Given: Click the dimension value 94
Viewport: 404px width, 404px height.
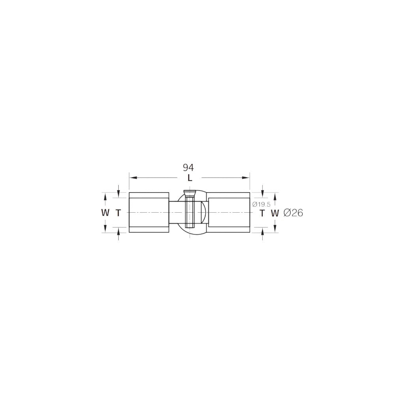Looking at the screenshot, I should tap(188, 168).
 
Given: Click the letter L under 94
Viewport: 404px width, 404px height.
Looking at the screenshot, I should tap(190, 178).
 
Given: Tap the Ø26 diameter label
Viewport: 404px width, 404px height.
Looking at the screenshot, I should tap(293, 213).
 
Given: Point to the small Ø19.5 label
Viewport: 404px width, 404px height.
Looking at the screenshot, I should tap(261, 204).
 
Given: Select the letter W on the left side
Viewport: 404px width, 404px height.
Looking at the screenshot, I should tap(105, 213).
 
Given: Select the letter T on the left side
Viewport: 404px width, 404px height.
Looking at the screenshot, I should tap(118, 213).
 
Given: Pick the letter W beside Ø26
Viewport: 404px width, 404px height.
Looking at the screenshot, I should tap(275, 213).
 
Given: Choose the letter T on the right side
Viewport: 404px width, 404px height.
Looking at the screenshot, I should tap(262, 213).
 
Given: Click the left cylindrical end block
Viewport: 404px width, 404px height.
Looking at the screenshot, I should tap(149, 213).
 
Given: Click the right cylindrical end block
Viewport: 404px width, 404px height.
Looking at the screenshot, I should tap(229, 213).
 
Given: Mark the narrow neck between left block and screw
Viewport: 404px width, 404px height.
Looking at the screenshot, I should tap(176, 213).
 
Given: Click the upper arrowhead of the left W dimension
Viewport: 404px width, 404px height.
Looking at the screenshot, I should tap(105, 196).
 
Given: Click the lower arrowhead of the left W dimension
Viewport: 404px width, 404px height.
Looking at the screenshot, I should tap(105, 230).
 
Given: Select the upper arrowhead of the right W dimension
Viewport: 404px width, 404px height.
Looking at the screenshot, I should tap(275, 196).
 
